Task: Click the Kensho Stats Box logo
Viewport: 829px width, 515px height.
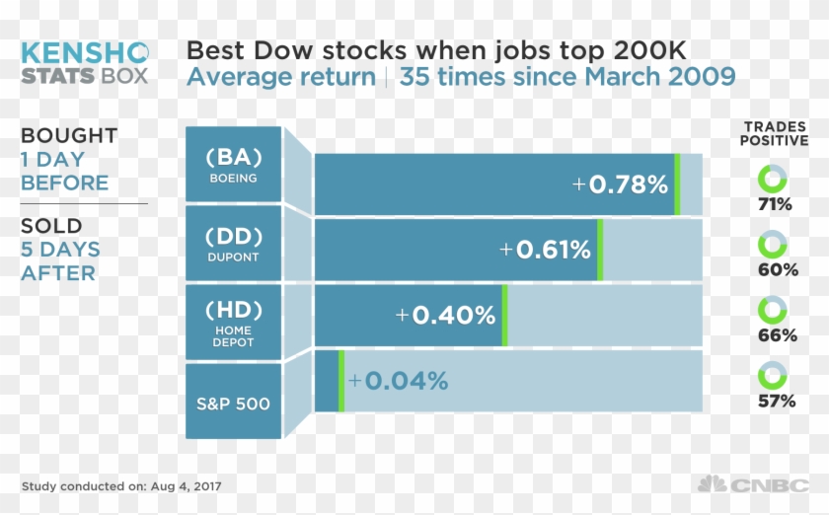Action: pos(85,62)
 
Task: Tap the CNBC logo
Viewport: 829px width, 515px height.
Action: pos(754,484)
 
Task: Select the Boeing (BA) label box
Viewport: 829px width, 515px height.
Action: pos(233,165)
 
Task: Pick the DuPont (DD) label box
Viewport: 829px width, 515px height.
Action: pos(233,244)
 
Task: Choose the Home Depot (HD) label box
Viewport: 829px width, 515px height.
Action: pos(233,322)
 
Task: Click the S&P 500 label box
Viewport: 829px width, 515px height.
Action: pos(233,403)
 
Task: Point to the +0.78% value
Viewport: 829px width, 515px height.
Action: pos(621,184)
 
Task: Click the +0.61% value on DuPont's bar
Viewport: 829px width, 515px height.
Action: pos(545,250)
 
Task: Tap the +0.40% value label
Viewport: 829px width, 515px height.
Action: pos(445,316)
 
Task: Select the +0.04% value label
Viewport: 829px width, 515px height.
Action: pos(398,381)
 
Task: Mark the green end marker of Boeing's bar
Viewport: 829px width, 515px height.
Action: pos(677,184)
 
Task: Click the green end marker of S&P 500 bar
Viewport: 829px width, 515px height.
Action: pos(341,381)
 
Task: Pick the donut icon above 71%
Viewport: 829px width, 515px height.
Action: pos(773,179)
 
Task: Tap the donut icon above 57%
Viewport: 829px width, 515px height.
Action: pos(773,376)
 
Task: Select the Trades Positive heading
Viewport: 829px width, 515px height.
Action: pos(775,133)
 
